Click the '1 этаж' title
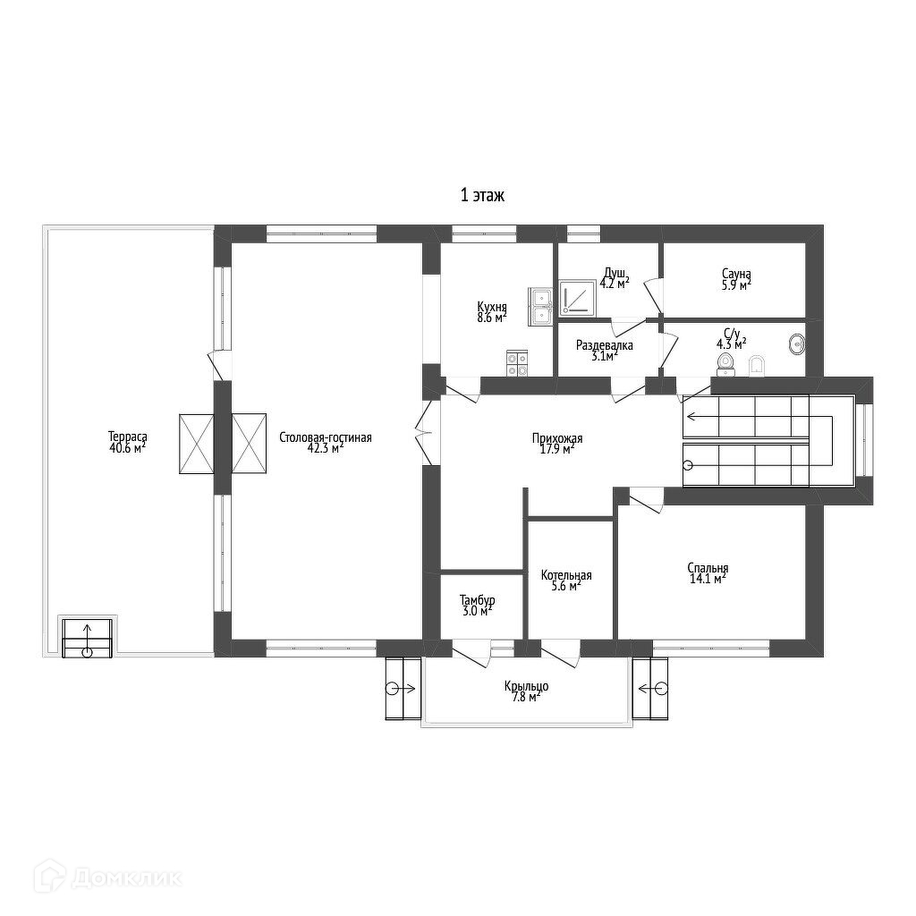tap(482, 195)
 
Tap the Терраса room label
tap(127, 437)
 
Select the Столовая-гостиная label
tap(326, 437)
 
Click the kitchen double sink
tap(541, 306)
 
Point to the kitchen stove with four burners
tap(517, 363)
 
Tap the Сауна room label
tap(736, 274)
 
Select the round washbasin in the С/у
tap(797, 344)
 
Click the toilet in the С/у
tap(725, 363)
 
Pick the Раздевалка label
tap(605, 345)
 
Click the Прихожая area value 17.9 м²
tap(557, 449)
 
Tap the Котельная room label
tap(566, 575)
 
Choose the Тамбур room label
tap(478, 600)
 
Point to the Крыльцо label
tap(526, 686)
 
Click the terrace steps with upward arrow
tap(87, 638)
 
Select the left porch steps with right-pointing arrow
tap(403, 689)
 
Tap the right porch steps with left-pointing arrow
tap(650, 689)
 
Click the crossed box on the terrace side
tap(197, 444)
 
